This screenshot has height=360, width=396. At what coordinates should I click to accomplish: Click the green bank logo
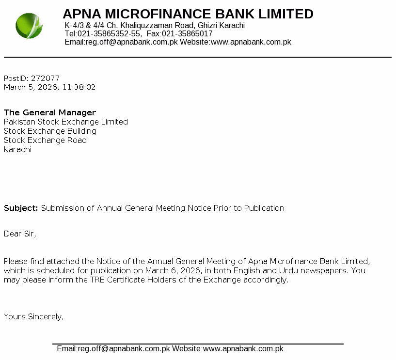29,26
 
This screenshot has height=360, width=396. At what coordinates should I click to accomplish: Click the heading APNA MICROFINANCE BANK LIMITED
188,14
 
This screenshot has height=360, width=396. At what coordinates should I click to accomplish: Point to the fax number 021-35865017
187,34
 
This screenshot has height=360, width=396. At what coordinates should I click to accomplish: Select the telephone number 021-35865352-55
110,34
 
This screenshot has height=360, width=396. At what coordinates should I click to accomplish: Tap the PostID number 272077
45,78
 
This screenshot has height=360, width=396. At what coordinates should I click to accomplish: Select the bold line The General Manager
50,113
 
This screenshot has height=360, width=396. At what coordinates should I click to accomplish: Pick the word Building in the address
82,131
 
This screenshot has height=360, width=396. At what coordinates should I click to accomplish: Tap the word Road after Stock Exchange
78,141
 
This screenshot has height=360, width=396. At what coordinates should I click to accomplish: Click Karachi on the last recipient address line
17,150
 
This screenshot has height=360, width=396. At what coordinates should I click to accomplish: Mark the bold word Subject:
21,208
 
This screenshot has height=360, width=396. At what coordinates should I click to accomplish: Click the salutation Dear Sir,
20,234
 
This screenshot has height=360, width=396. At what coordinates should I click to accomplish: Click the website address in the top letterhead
251,42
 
